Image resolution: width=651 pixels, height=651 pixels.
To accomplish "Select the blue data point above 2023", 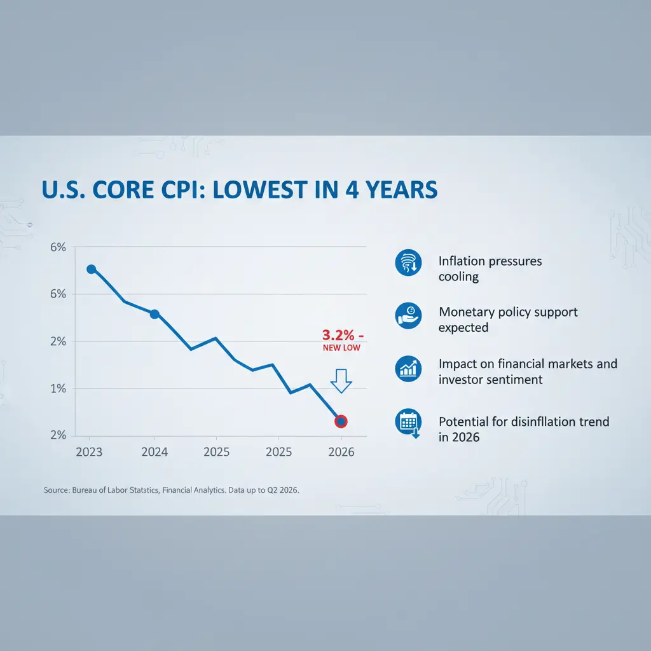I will point(91,269).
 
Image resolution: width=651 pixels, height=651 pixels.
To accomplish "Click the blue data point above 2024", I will point(154,314).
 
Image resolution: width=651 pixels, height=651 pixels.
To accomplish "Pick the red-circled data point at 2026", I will point(341,421).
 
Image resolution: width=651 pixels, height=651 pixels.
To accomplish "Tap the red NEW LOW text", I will point(341,348).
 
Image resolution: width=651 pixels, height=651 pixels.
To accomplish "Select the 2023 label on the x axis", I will point(88,452).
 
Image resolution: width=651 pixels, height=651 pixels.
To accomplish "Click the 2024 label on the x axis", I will point(154,452).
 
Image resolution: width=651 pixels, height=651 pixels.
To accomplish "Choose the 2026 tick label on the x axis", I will point(341,452).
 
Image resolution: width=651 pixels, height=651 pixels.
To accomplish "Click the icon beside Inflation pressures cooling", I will point(408,263).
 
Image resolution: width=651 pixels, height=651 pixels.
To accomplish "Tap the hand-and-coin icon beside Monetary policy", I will point(408,315).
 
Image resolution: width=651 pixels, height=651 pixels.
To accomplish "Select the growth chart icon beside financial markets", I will point(408,368).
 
